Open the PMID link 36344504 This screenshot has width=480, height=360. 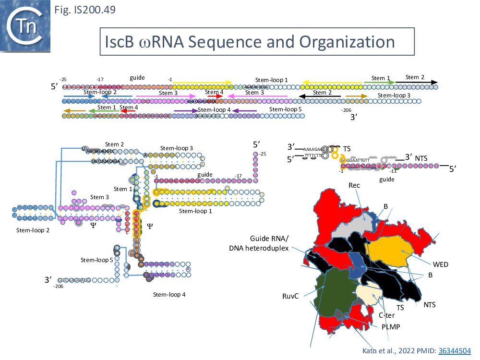[x=454, y=351]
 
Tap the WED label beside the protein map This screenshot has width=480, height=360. [x=440, y=264]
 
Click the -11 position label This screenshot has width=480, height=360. [x=393, y=171]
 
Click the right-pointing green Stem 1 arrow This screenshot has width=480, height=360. [x=379, y=83]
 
